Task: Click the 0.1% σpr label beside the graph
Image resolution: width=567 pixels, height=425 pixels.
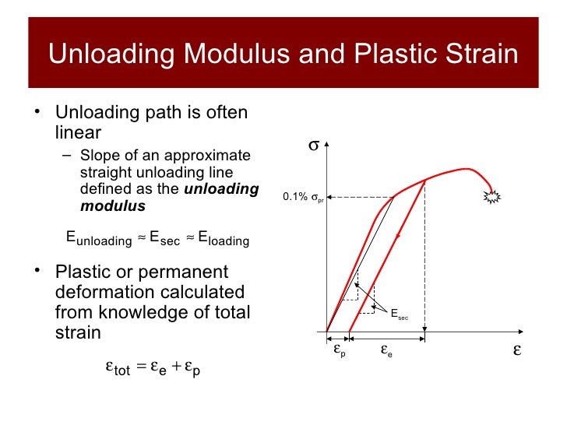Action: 304,198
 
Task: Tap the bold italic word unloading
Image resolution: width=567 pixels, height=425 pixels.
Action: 221,189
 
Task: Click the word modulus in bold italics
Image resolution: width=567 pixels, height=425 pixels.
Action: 113,205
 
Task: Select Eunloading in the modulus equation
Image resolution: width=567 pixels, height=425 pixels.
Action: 98,240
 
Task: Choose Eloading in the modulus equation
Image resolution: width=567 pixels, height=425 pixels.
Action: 224,240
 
